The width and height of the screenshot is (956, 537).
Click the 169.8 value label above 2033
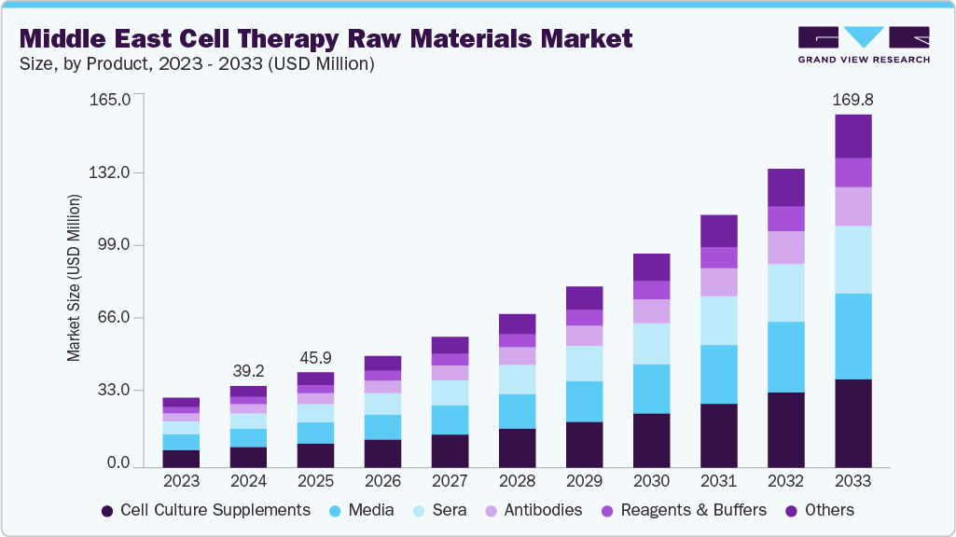click(852, 100)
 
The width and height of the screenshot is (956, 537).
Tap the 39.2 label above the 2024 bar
click(248, 371)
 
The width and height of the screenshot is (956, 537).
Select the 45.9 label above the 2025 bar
click(315, 358)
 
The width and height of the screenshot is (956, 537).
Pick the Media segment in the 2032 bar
click(785, 357)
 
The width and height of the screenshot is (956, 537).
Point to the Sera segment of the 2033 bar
click(852, 259)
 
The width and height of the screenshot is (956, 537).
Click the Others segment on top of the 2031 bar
click(718, 230)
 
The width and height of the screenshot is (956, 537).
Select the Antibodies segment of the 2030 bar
click(651, 310)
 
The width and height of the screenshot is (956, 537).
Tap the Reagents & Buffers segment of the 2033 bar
click(852, 172)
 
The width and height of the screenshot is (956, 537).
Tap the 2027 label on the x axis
click(450, 482)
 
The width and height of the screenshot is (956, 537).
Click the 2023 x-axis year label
click(181, 482)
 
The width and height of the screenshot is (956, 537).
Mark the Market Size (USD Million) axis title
click(74, 278)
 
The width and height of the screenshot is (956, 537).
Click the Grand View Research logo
click(864, 45)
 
